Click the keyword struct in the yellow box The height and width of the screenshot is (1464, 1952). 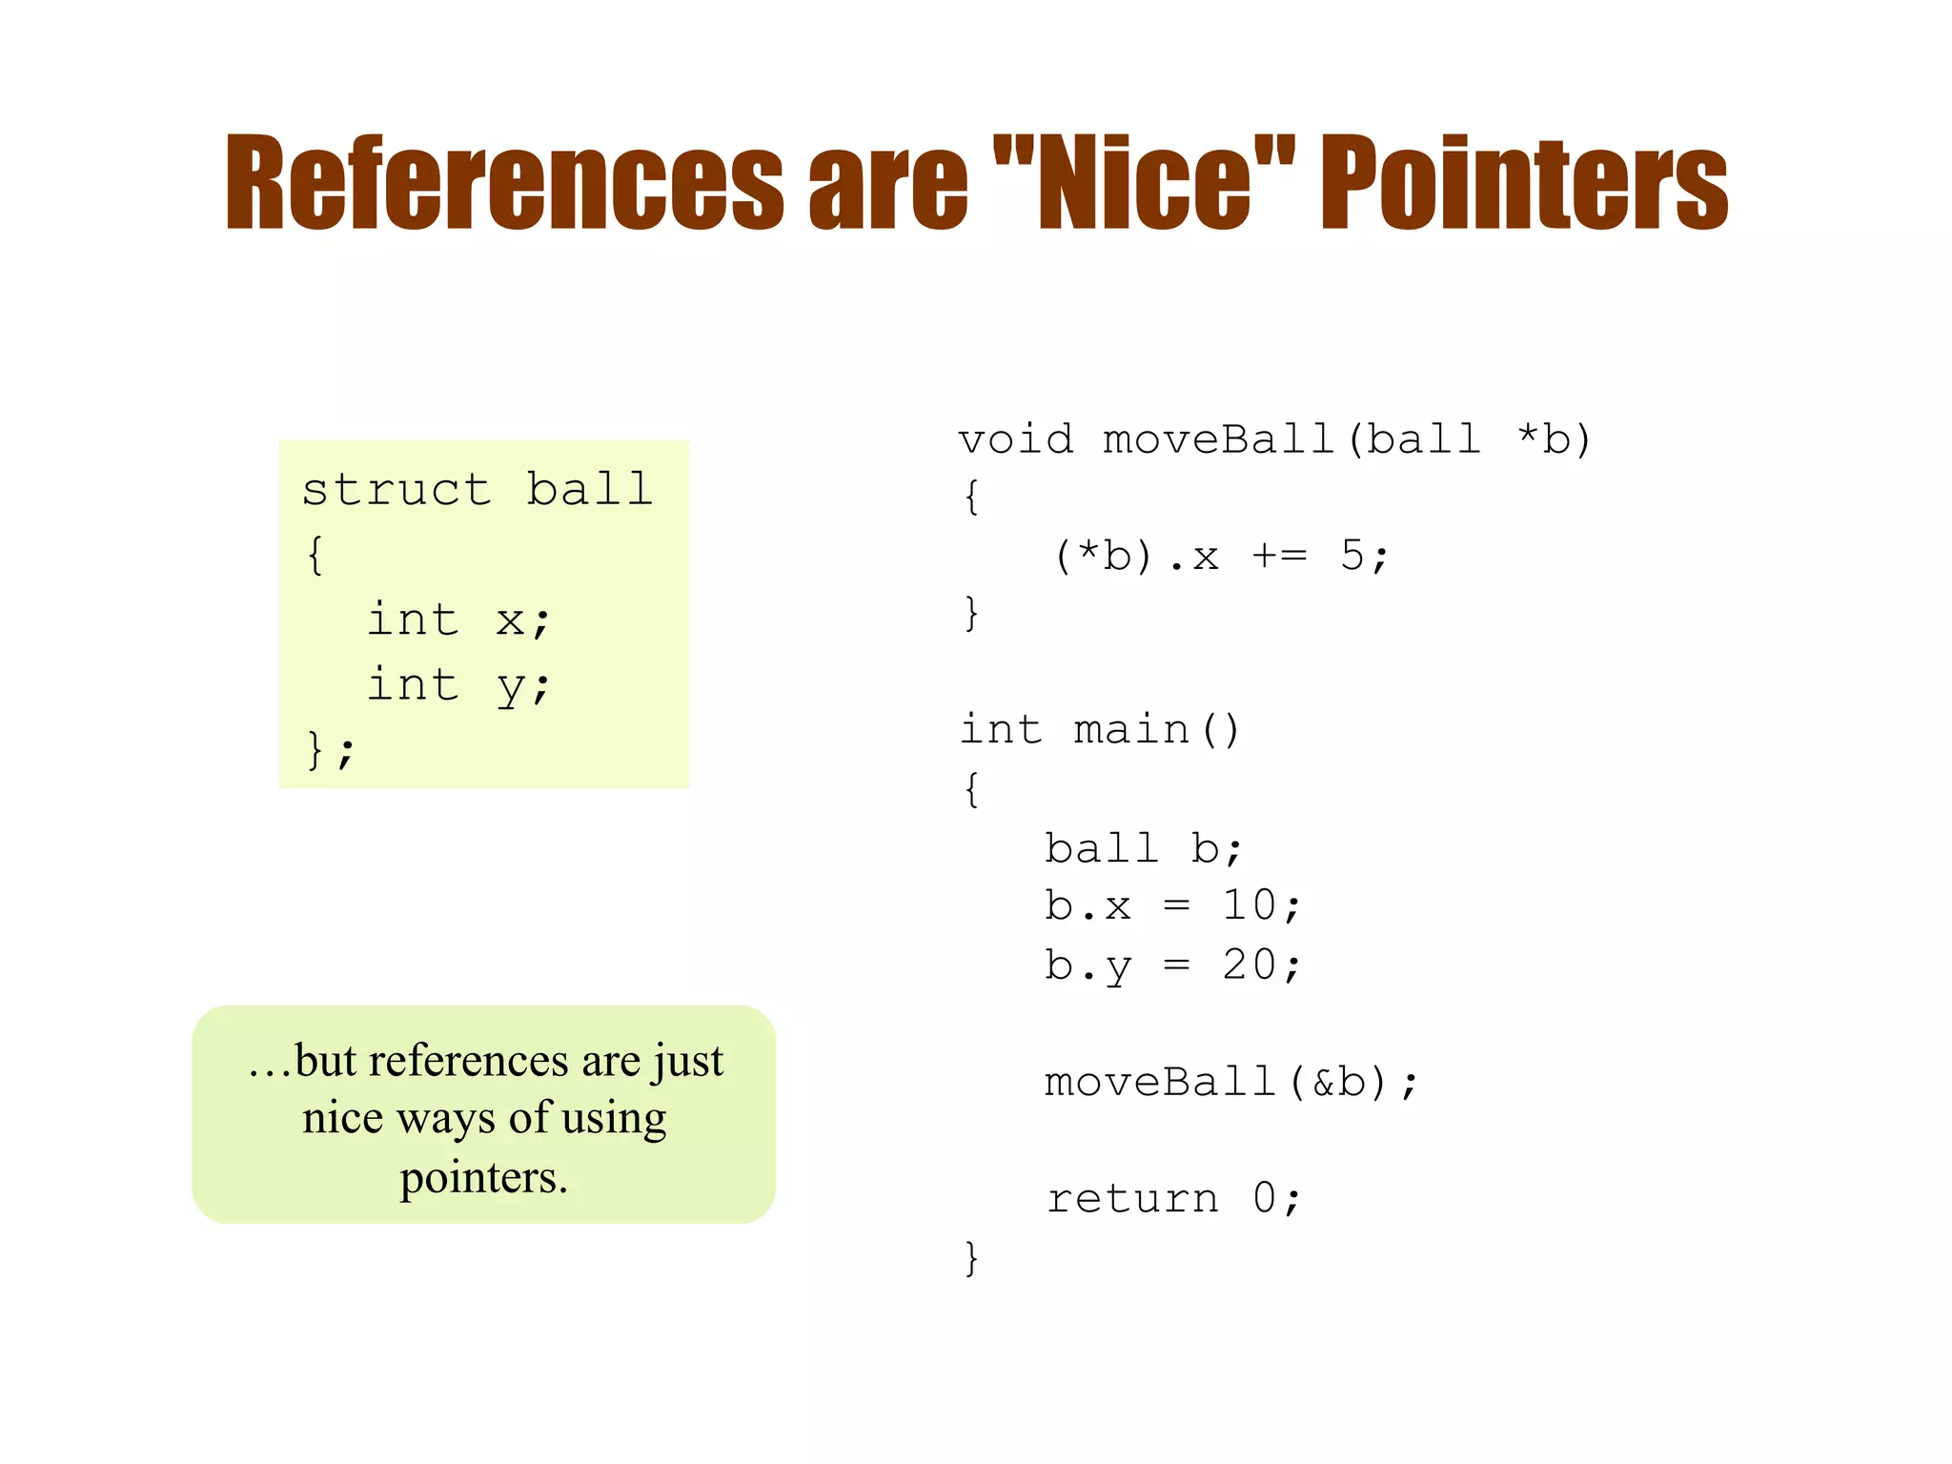pyautogui.click(x=396, y=490)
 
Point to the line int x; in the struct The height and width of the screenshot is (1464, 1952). pyautogui.click(x=458, y=620)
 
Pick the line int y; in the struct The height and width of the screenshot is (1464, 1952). pyautogui.click(x=458, y=685)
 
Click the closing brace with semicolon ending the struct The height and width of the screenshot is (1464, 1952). pyautogui.click(x=330, y=750)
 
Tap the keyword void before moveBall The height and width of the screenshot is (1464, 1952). pyautogui.click(x=1016, y=439)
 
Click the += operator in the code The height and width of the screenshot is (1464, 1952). pyautogui.click(x=1279, y=556)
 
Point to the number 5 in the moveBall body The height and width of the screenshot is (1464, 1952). pyautogui.click(x=1352, y=556)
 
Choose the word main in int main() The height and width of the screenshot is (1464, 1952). pyautogui.click(x=1131, y=730)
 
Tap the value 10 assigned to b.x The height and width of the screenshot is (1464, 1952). pyautogui.click(x=1249, y=905)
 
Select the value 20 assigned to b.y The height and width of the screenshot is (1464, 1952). pyautogui.click(x=1249, y=966)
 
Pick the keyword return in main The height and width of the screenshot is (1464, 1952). pyautogui.click(x=1132, y=1199)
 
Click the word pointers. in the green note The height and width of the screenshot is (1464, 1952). pyautogui.click(x=483, y=1178)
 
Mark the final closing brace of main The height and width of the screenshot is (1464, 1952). pyautogui.click(x=971, y=1258)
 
